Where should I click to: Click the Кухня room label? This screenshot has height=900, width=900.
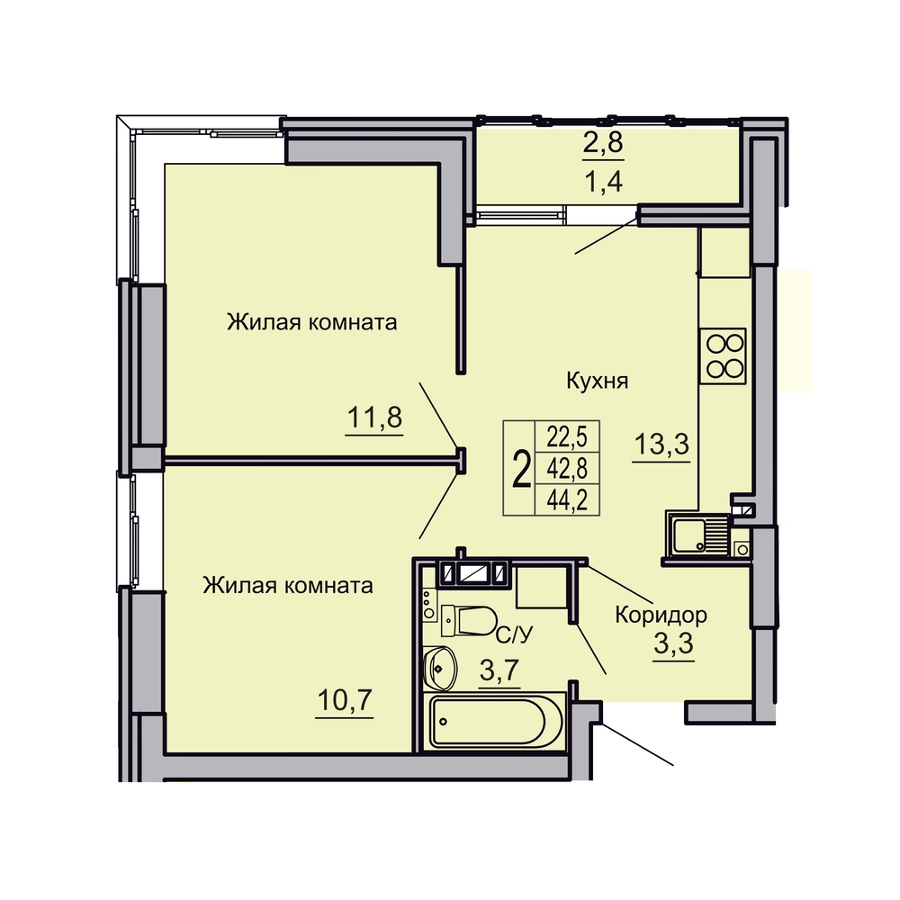point(598,381)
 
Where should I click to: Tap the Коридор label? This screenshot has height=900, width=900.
point(661,615)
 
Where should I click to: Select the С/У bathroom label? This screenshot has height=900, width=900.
point(514,634)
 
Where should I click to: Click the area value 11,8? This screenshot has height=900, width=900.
point(374,418)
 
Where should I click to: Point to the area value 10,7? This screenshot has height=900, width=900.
point(345,700)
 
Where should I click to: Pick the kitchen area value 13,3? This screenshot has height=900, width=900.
point(661,444)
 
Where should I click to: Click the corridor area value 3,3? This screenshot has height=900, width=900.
point(674,644)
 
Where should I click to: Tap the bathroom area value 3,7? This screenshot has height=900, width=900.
point(499,670)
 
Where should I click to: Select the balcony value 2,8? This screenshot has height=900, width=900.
point(603,142)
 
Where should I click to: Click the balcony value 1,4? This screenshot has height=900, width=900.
point(603,182)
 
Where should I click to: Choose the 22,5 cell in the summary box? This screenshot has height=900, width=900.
point(567,437)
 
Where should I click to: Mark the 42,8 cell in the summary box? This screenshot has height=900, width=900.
point(567,469)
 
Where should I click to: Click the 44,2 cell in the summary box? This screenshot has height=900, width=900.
point(567,500)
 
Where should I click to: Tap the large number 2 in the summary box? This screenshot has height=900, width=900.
point(520,469)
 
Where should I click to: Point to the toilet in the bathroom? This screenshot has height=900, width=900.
point(468,621)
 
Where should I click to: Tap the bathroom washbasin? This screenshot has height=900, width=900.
point(440,669)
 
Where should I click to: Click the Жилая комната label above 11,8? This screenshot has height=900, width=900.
point(311,322)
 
